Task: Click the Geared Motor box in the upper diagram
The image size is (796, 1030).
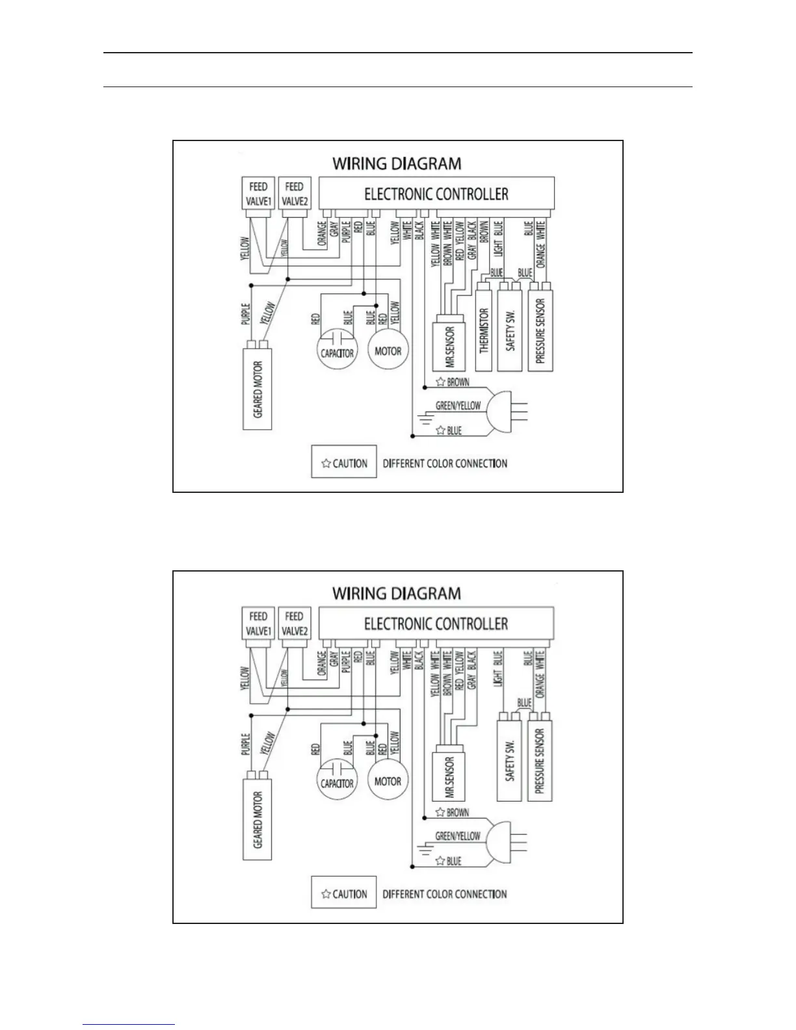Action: click(x=258, y=388)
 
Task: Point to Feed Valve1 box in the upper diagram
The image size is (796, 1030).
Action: click(x=258, y=193)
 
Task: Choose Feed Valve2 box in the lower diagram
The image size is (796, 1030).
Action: click(x=295, y=624)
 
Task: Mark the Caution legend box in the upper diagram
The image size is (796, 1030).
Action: click(x=344, y=462)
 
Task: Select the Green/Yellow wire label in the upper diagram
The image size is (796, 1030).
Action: click(x=458, y=406)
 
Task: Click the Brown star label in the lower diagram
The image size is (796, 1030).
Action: click(x=453, y=813)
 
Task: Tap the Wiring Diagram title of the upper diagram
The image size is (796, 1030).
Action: click(x=397, y=163)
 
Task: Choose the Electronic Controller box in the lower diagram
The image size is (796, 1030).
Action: click(x=436, y=624)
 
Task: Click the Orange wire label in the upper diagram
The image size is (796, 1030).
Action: click(x=321, y=235)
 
